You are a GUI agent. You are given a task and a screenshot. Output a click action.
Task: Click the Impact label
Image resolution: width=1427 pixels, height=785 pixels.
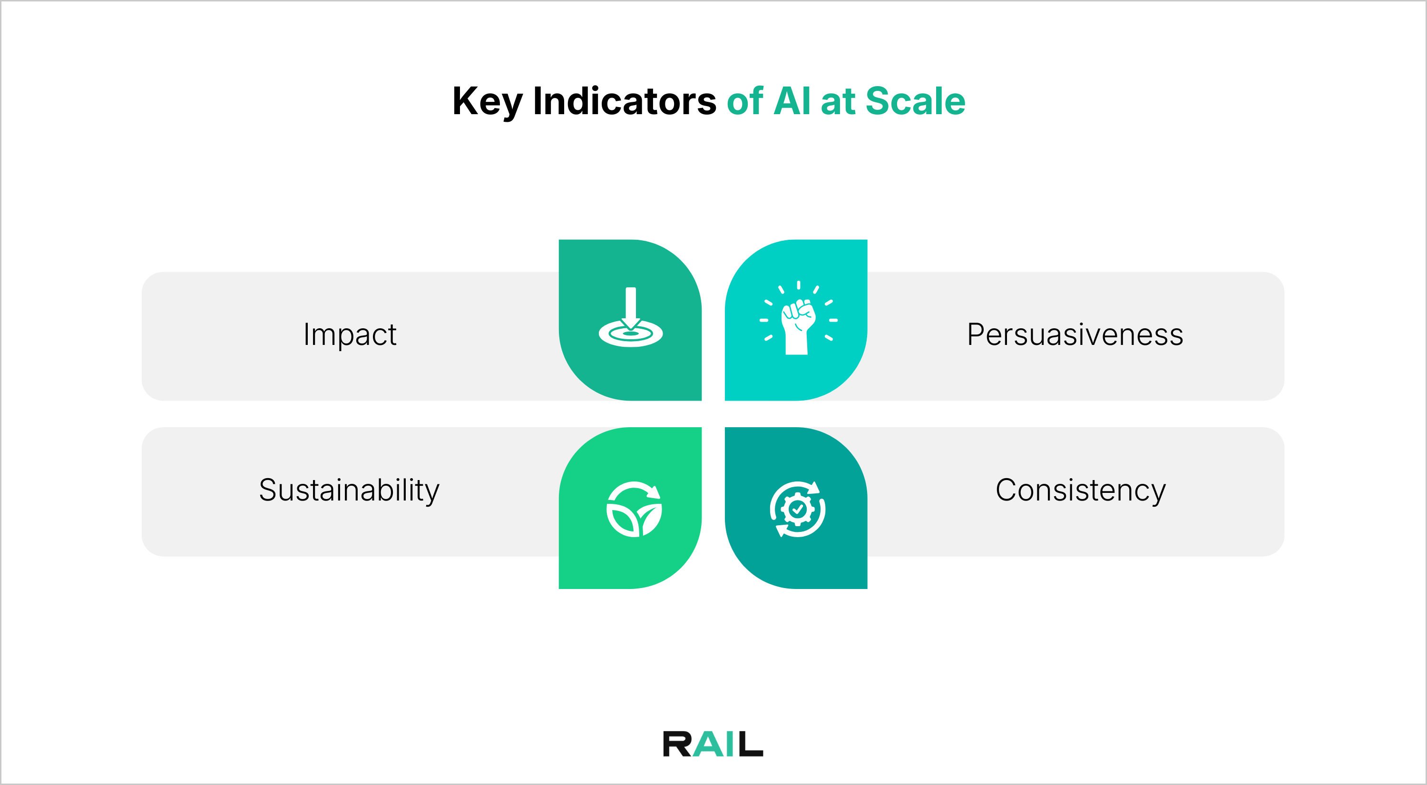pyautogui.click(x=350, y=334)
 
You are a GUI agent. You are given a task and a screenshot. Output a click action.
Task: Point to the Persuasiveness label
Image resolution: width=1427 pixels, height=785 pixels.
pyautogui.click(x=1075, y=334)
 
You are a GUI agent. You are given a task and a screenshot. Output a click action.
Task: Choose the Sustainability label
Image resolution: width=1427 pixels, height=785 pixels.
pyautogui.click(x=349, y=491)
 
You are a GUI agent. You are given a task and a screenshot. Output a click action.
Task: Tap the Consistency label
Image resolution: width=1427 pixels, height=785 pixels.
pyautogui.click(x=1080, y=491)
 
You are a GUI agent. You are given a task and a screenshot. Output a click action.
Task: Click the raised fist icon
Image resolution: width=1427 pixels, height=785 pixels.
pyautogui.click(x=798, y=320)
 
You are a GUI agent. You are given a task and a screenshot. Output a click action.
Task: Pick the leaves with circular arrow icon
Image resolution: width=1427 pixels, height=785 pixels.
pyautogui.click(x=634, y=509)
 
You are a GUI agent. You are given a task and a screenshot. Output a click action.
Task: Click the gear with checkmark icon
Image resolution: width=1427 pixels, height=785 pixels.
pyautogui.click(x=797, y=509)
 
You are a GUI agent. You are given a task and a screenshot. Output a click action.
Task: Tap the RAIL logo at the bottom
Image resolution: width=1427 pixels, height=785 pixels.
pyautogui.click(x=713, y=744)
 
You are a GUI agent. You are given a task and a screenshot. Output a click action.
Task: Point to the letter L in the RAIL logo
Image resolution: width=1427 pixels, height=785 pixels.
pyautogui.click(x=751, y=744)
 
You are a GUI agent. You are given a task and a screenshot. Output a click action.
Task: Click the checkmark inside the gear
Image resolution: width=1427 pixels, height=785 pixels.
pyautogui.click(x=797, y=509)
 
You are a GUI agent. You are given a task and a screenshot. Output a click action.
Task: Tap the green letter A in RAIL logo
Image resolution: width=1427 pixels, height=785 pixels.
pyautogui.click(x=706, y=744)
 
